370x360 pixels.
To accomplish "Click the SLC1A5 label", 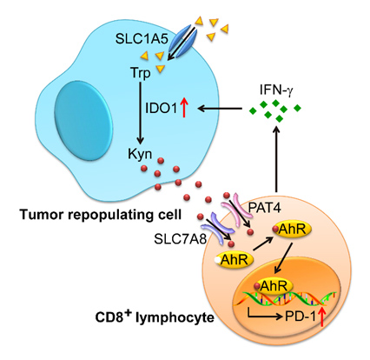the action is [x=142, y=38].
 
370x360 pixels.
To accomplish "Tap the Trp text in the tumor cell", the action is [x=141, y=73].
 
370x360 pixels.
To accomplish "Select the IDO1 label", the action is [x=161, y=109].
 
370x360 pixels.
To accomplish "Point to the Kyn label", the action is [x=140, y=154].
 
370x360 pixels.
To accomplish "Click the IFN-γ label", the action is [x=275, y=90].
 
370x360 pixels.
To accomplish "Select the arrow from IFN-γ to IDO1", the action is [x=220, y=109].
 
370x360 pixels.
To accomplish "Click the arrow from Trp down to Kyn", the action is [x=141, y=113].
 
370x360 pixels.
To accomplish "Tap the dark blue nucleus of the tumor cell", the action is [x=83, y=120].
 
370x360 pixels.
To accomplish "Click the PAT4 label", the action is [x=264, y=208].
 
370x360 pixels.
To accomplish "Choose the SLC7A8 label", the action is [x=181, y=239].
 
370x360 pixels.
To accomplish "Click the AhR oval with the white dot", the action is [x=234, y=260].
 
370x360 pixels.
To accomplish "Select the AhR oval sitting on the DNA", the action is [x=274, y=286].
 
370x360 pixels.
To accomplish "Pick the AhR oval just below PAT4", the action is [x=292, y=230].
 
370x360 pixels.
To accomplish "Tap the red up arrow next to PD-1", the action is [x=321, y=317].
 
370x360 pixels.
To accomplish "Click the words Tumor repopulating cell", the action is [x=101, y=216].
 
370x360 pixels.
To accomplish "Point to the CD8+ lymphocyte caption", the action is [x=155, y=317].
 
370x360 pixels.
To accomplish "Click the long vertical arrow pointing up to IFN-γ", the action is [x=277, y=159].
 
